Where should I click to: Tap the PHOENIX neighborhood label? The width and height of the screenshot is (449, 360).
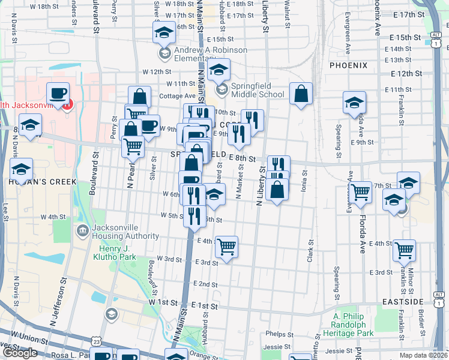click(348, 65)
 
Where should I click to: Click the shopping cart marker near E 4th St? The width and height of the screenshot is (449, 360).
click(226, 246)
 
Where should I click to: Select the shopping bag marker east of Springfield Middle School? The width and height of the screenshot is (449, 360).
click(301, 94)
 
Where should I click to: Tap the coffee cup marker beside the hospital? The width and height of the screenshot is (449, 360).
click(58, 94)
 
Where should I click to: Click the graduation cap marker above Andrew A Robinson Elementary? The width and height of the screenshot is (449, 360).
click(163, 32)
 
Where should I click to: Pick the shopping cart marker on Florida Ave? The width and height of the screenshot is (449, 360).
click(360, 192)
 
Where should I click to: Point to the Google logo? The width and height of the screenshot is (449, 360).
click(20, 353)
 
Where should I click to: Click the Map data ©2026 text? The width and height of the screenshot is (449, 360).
click(423, 355)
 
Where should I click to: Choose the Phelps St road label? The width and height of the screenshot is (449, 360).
click(279, 334)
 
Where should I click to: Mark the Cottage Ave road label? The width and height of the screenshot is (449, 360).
click(177, 95)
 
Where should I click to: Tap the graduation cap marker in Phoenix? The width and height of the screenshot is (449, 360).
click(354, 103)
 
